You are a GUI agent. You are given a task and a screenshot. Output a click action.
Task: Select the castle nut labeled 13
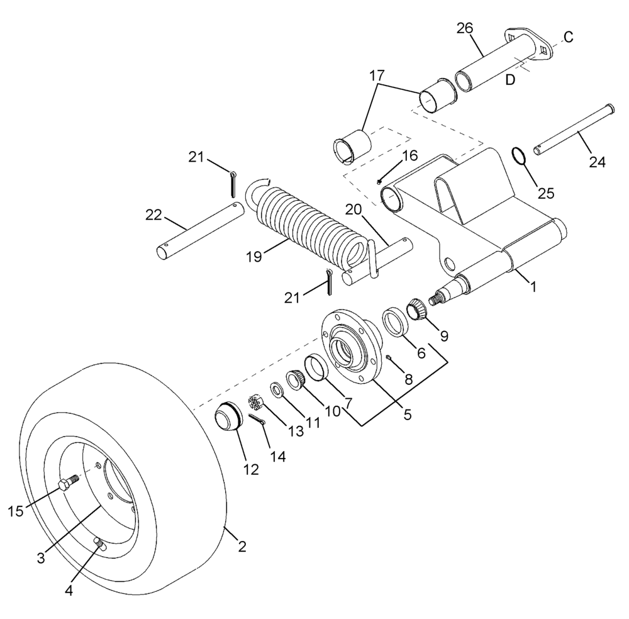click(255, 401)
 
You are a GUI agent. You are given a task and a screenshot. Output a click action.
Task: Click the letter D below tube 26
click(511, 81)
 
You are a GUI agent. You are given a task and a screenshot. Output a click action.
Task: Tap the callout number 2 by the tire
click(241, 546)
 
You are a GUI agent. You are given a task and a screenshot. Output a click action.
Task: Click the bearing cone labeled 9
click(417, 309)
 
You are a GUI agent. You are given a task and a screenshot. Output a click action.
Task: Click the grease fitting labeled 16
click(380, 182)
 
